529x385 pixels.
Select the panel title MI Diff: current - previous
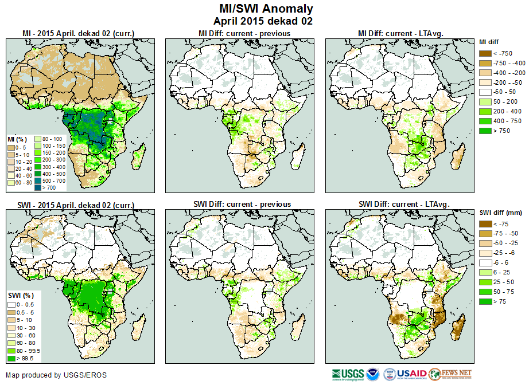pyautogui.click(x=244, y=34)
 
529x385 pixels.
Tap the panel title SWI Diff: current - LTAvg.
pyautogui.click(x=403, y=204)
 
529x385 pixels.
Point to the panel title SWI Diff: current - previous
pyautogui.click(x=244, y=204)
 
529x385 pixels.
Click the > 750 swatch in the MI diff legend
pyautogui.click(x=485, y=131)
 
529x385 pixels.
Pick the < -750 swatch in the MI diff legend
pyautogui.click(x=485, y=53)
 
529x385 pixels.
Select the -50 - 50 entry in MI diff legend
pyautogui.click(x=485, y=92)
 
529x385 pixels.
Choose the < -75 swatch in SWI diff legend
pyautogui.click(x=485, y=224)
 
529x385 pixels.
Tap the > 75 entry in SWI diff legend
pyautogui.click(x=485, y=301)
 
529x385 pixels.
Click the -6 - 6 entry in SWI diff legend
pyautogui.click(x=485, y=262)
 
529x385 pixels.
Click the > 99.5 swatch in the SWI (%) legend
pyautogui.click(x=11, y=359)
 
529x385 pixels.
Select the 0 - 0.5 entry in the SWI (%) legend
pyautogui.click(x=11, y=304)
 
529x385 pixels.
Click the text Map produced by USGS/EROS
pyautogui.click(x=56, y=375)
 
